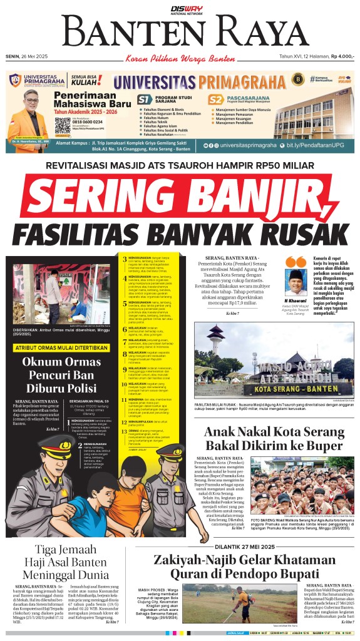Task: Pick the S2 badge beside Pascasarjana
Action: (x=216, y=100)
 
